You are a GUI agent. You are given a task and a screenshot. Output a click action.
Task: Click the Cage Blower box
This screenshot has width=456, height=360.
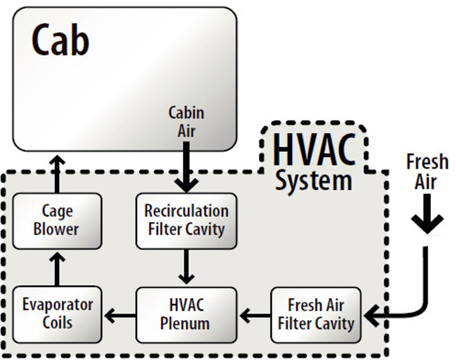57,221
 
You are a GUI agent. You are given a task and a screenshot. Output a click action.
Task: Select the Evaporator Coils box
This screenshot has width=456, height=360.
57,314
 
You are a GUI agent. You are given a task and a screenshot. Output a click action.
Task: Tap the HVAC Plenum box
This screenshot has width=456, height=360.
186,314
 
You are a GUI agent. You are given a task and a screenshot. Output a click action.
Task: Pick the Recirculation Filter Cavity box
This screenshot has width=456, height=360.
186,221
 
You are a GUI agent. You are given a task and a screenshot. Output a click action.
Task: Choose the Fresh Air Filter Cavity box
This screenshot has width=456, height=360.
316,314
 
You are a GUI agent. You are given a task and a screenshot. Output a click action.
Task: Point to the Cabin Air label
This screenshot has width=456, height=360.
186,121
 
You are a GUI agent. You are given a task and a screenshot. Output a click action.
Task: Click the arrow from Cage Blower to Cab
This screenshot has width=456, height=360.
57,173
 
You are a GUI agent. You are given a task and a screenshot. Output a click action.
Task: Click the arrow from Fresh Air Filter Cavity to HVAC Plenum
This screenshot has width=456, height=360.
254,315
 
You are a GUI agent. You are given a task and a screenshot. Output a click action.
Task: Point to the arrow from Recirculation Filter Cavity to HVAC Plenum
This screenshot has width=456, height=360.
186,267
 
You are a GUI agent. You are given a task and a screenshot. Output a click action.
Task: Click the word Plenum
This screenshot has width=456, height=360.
186,324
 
